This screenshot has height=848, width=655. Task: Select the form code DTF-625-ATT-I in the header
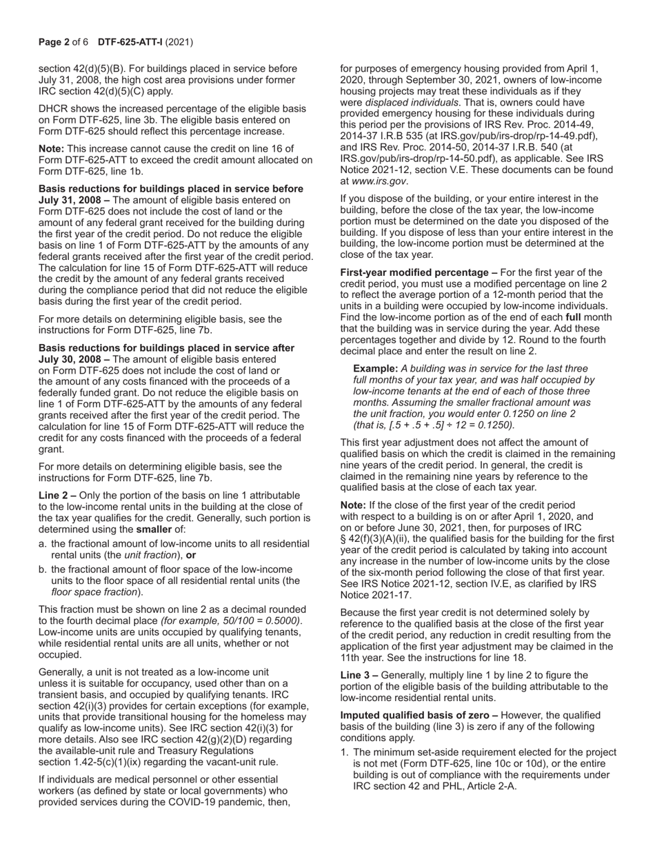130,42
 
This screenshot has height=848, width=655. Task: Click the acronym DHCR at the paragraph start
53,108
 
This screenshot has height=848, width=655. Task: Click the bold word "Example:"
376,369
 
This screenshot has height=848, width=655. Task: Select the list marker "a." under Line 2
43,544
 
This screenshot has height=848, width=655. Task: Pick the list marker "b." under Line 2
43,569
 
